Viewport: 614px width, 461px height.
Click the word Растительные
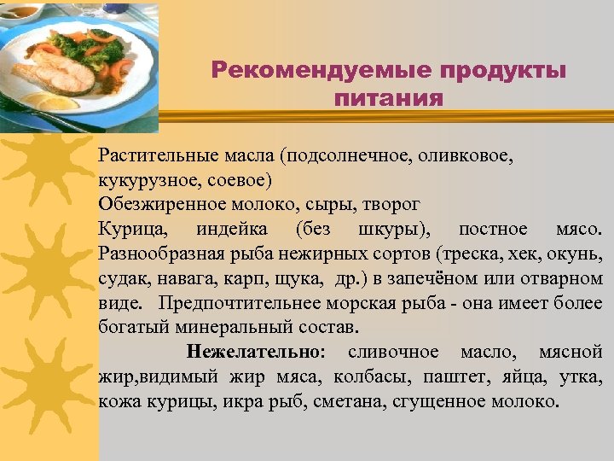click(x=150, y=156)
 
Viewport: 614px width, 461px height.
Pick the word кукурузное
click(x=141, y=181)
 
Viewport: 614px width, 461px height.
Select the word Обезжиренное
click(x=159, y=206)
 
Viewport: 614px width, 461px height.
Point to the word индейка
click(x=231, y=230)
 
